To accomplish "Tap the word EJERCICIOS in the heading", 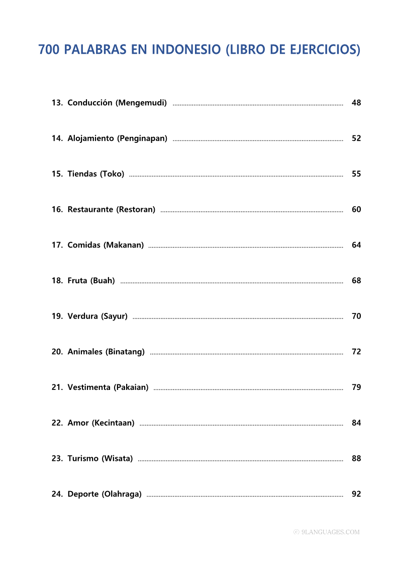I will (x=324, y=50).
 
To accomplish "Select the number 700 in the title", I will (x=49, y=50).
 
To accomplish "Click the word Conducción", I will (x=90, y=103).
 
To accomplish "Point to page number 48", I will (x=356, y=103).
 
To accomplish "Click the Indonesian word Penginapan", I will (x=143, y=138).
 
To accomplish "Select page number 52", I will (x=356, y=138).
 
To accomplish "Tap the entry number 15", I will (x=57, y=174).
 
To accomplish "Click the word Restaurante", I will (x=90, y=209).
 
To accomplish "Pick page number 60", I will (x=356, y=209).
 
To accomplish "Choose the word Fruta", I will (x=77, y=281).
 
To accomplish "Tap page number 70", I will (x=356, y=316).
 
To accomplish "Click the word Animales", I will (x=85, y=352).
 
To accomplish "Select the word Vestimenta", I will (x=89, y=387).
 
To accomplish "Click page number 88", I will (x=356, y=458).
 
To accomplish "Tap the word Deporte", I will (x=83, y=494).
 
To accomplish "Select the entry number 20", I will (x=57, y=352).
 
